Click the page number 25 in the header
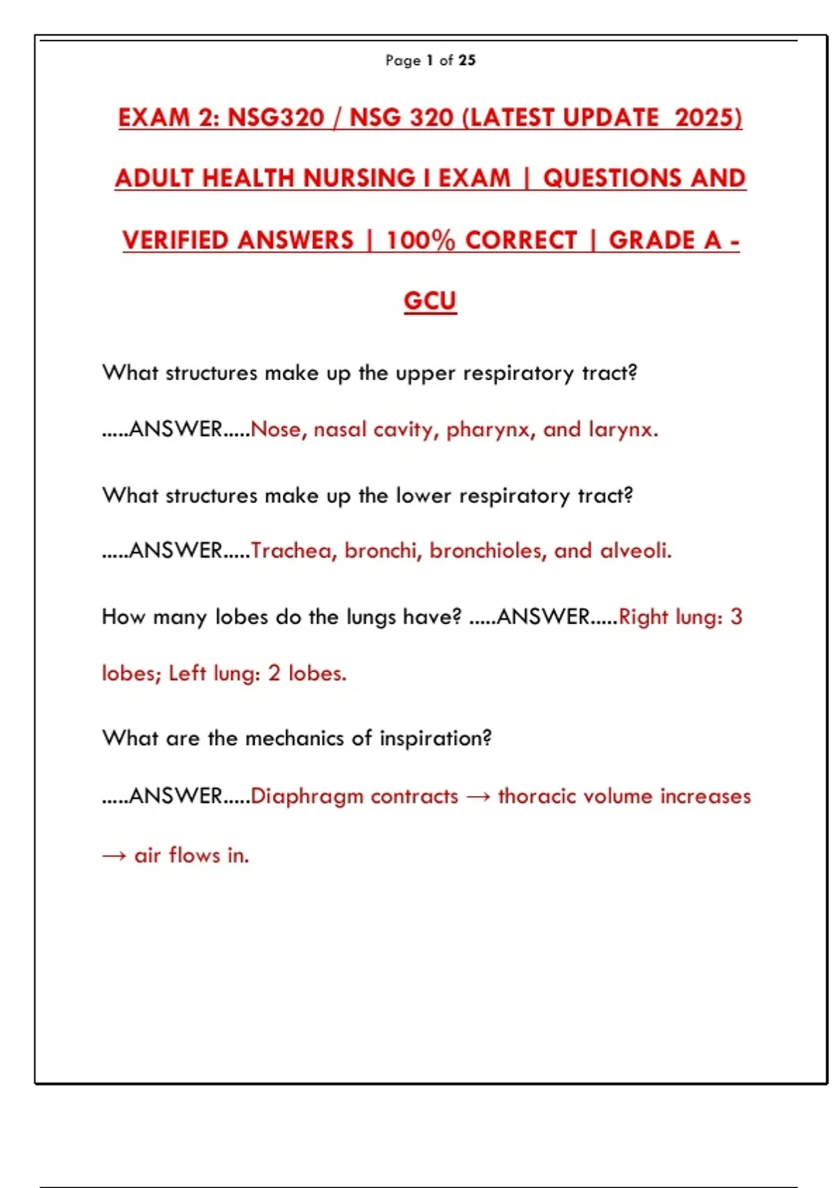click(x=468, y=61)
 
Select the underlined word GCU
click(x=430, y=301)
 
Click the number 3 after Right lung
click(x=736, y=617)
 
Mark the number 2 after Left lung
click(x=274, y=673)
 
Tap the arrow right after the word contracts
click(x=478, y=797)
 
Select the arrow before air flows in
click(x=114, y=855)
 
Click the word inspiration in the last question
click(x=436, y=739)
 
